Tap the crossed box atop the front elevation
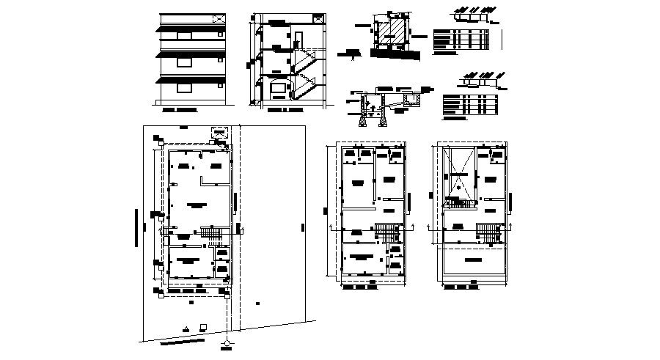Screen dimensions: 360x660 (x=219, y=18)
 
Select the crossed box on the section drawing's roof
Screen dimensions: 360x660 (x=316, y=17)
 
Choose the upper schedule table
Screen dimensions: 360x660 (x=460, y=39)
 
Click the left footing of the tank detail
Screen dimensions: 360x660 (x=362, y=120)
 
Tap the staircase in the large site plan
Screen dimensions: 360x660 (x=211, y=235)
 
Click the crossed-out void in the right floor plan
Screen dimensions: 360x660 (x=458, y=177)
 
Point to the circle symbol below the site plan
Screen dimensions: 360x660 (x=227, y=342)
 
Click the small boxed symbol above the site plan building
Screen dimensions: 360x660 (x=218, y=131)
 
